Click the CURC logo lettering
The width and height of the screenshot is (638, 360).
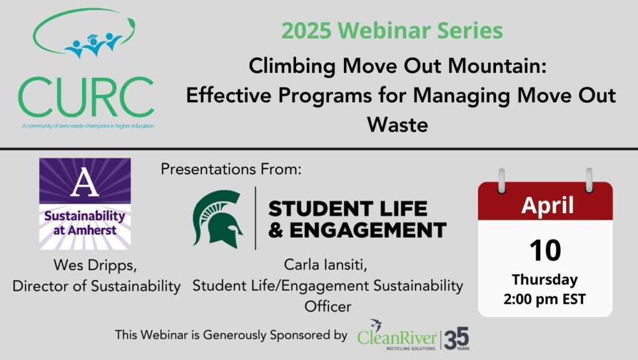[86, 97]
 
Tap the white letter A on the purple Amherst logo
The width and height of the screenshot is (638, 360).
[85, 182]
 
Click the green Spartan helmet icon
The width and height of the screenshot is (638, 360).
[217, 219]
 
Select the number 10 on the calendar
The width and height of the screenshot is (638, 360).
[545, 250]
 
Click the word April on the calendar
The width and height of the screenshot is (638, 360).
[547, 205]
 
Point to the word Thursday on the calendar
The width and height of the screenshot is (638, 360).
[545, 280]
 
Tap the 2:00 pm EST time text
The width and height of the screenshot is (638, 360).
[545, 299]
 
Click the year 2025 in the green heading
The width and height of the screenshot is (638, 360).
[306, 31]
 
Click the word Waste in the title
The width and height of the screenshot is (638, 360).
[398, 125]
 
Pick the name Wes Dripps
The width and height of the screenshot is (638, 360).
[95, 266]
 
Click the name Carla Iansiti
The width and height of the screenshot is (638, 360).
[325, 265]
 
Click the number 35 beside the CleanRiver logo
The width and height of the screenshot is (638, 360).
[457, 338]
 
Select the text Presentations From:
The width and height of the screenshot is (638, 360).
[231, 169]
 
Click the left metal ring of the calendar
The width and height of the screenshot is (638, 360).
[502, 180]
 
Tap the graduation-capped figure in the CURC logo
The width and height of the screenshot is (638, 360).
[93, 45]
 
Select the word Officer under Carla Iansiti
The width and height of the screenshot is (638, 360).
[328, 306]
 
